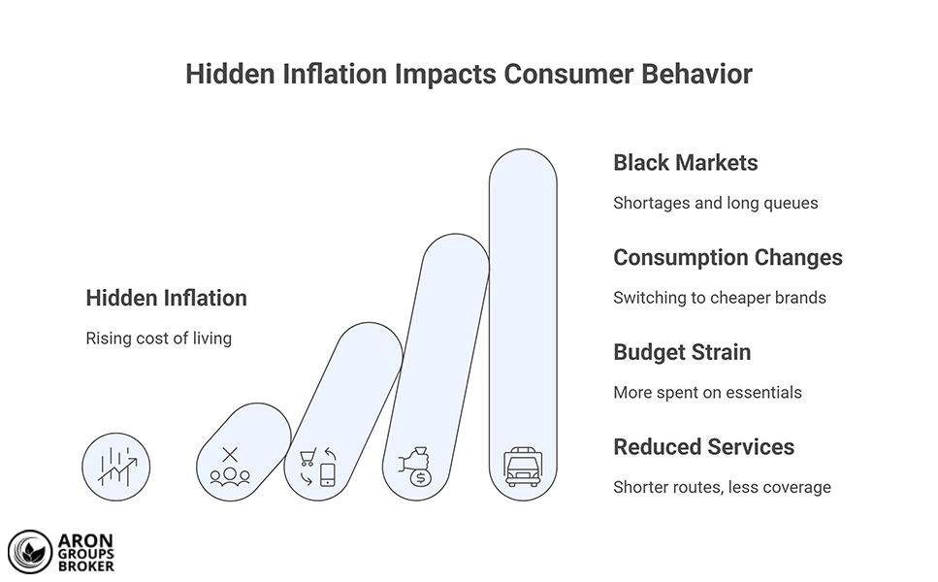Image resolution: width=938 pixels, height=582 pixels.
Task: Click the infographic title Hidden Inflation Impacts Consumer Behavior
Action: click(x=469, y=75)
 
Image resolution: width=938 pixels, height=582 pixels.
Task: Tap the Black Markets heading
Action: click(x=685, y=163)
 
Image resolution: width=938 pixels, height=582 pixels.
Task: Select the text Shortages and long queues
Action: click(x=715, y=204)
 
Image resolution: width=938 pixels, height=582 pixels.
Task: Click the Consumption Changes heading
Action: click(x=728, y=258)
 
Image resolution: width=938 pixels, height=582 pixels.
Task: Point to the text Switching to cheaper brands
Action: click(x=719, y=298)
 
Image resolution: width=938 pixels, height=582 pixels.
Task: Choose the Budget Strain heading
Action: click(x=681, y=352)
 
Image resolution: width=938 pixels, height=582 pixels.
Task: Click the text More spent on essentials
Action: click(x=707, y=393)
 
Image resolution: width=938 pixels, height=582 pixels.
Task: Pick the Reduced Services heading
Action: click(x=703, y=447)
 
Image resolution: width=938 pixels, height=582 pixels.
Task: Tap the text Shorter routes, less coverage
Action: click(x=722, y=487)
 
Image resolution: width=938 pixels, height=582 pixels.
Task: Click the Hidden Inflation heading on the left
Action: click(x=166, y=299)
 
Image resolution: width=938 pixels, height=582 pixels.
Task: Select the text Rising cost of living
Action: click(x=158, y=339)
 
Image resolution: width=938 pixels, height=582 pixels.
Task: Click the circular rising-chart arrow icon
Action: click(x=116, y=466)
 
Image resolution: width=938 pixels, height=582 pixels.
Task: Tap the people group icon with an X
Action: click(x=230, y=466)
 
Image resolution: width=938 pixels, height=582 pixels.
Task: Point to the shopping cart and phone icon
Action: click(x=317, y=467)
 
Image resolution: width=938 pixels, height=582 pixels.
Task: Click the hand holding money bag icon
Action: click(x=415, y=465)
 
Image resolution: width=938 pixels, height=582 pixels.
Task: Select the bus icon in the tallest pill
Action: click(x=523, y=466)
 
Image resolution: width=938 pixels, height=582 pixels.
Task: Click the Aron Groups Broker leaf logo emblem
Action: click(x=29, y=552)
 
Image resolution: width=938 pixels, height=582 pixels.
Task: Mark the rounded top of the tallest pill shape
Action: click(x=523, y=160)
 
